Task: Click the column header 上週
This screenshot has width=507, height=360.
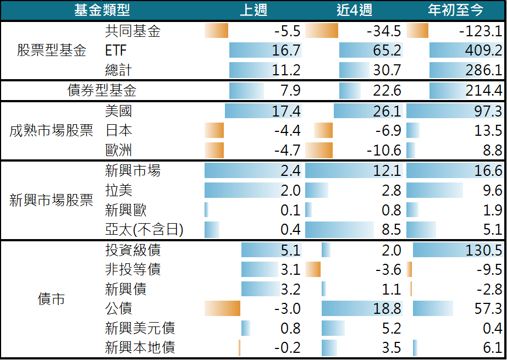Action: [x=253, y=10]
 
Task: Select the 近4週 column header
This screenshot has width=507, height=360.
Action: [x=355, y=10]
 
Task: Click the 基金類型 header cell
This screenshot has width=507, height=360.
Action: [x=102, y=10]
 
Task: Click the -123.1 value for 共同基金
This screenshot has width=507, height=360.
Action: [x=480, y=31]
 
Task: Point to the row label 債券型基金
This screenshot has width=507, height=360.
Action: [x=102, y=90]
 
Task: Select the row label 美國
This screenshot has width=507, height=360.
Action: [x=118, y=112]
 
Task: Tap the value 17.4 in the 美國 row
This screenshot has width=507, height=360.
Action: [x=286, y=112]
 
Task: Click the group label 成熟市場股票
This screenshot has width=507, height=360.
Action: [x=51, y=131]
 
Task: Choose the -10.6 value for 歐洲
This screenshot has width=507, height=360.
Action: [x=383, y=151]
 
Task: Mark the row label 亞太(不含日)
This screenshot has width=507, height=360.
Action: [x=144, y=230]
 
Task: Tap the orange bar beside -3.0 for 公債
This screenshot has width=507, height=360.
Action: [x=222, y=308]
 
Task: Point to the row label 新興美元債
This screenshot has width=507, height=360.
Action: [x=140, y=329]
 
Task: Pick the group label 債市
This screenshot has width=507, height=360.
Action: [x=51, y=299]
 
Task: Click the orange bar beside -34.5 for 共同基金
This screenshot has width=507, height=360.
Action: [x=322, y=31]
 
